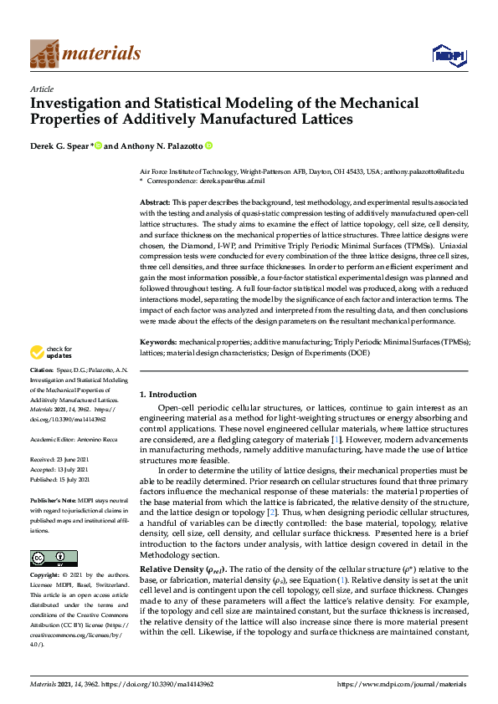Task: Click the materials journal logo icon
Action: pyautogui.click(x=44, y=53)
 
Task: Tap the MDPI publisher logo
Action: pyautogui.click(x=448, y=55)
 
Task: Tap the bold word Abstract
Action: pyautogui.click(x=156, y=203)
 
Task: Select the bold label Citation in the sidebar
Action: pyautogui.click(x=42, y=369)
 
